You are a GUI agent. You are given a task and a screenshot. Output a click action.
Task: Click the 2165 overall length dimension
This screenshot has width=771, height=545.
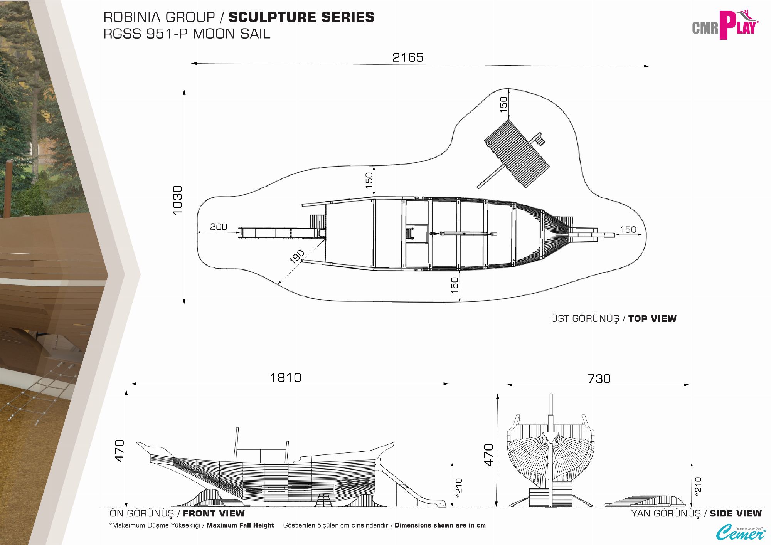[407, 57]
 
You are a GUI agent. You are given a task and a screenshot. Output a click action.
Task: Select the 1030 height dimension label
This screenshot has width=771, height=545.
[177, 200]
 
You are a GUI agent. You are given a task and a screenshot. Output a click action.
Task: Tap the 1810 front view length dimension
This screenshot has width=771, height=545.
[285, 377]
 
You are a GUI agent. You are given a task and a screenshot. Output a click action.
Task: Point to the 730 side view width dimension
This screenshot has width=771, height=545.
[599, 378]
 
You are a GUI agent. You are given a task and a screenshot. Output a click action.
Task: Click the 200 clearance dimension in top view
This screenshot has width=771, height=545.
[218, 227]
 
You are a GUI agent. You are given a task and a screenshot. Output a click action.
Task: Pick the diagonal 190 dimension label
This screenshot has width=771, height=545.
[297, 256]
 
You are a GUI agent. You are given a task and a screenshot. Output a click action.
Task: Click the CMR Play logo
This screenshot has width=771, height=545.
[725, 25]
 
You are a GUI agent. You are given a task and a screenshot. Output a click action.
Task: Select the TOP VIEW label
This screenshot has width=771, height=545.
[652, 319]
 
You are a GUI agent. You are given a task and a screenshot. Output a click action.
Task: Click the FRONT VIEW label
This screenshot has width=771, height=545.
[214, 513]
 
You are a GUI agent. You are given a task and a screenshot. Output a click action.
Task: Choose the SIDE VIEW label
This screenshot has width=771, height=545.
[736, 513]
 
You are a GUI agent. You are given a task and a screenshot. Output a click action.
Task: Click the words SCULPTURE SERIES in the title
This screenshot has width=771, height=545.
[301, 17]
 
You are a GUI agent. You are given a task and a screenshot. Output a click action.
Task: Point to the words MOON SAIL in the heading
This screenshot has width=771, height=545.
[231, 34]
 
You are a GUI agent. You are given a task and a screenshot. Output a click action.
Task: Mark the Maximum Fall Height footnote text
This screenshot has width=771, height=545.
[240, 525]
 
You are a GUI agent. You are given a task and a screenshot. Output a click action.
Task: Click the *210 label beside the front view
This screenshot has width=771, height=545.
[459, 488]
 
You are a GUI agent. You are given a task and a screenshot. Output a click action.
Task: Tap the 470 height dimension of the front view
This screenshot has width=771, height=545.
[120, 450]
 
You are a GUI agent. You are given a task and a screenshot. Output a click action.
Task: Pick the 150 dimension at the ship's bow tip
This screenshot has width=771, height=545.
[628, 230]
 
